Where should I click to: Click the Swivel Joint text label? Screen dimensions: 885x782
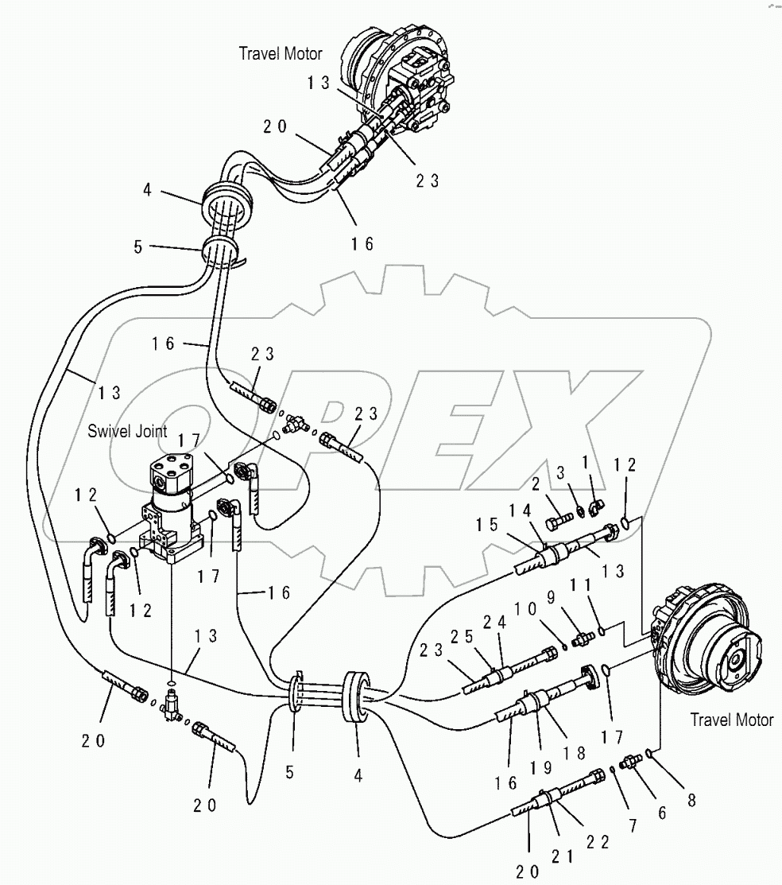127,431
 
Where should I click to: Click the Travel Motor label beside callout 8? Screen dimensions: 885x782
731,720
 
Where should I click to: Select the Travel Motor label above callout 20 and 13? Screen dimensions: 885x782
281,54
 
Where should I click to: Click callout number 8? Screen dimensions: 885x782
691,801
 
